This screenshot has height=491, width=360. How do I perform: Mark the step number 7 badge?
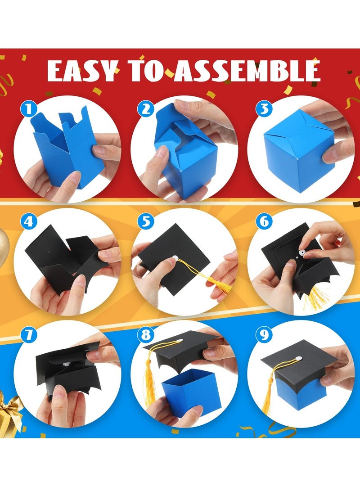pos(28,335)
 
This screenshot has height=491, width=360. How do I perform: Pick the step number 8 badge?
pos(145,335)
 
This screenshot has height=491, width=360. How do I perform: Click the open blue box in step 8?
pos(189,391)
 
